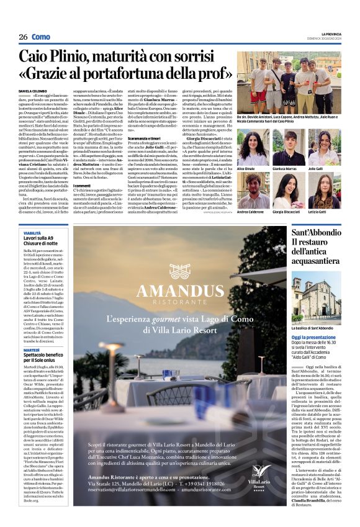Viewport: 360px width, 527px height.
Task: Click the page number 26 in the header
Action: (22, 37)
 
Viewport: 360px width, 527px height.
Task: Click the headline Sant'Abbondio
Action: (317, 234)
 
